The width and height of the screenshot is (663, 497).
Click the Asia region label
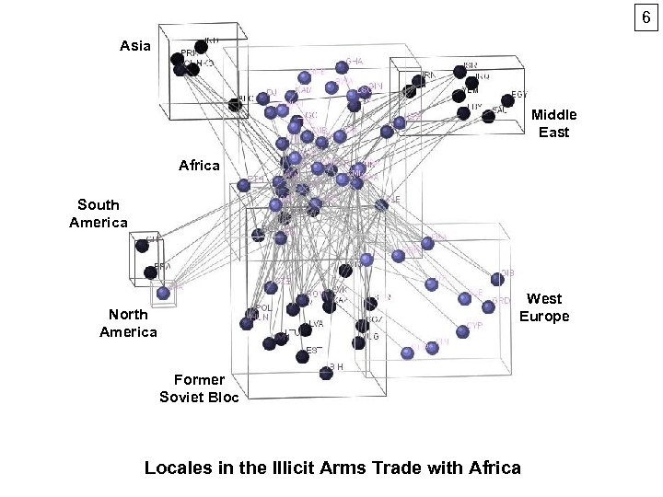tap(135, 46)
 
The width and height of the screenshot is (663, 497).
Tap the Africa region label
tap(199, 166)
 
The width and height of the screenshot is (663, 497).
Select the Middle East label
tap(554, 123)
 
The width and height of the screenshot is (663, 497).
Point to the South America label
tap(98, 214)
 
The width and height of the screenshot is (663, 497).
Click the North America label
tap(128, 323)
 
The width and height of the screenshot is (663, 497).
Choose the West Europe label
tap(544, 307)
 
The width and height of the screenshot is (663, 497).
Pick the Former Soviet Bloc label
tap(199, 388)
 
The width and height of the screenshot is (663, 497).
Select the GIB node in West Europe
tap(495, 276)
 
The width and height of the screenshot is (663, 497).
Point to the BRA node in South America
tap(149, 272)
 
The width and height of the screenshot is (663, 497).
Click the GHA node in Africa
tap(342, 67)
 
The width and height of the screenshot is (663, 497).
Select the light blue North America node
tap(163, 293)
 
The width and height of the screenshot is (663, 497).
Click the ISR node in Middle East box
tap(459, 71)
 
